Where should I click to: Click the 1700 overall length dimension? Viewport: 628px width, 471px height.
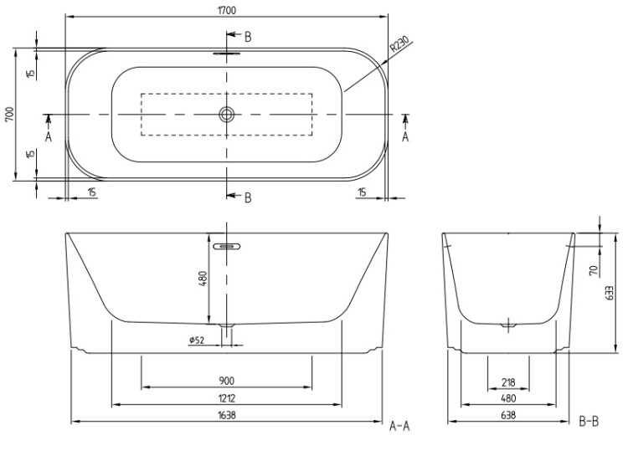point(227,10)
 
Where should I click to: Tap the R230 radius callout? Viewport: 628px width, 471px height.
point(399,44)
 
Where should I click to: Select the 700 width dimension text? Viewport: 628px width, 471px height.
point(9,115)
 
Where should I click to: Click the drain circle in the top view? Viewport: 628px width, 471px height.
point(226,115)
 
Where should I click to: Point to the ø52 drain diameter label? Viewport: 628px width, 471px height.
point(197,340)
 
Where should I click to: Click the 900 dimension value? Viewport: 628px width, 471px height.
point(227,381)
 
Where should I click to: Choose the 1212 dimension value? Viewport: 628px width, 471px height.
point(227,398)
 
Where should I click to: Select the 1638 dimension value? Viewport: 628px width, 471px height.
point(227,416)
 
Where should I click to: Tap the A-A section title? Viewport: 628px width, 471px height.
point(399,426)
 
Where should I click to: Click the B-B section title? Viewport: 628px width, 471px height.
point(589,421)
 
